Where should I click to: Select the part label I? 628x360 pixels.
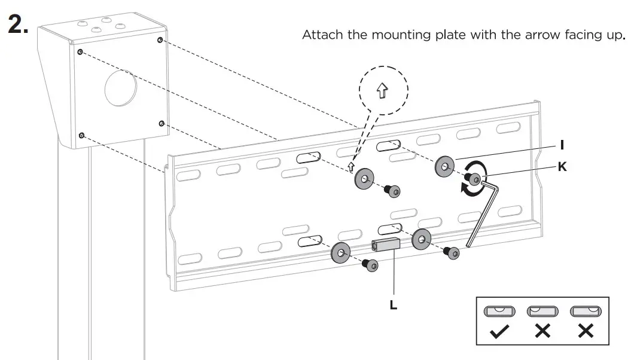(562, 145)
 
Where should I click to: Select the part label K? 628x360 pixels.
(562, 167)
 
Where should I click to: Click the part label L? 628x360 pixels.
(392, 304)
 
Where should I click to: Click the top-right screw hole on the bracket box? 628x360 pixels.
(160, 41)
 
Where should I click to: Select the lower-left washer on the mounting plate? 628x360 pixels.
(342, 254)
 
